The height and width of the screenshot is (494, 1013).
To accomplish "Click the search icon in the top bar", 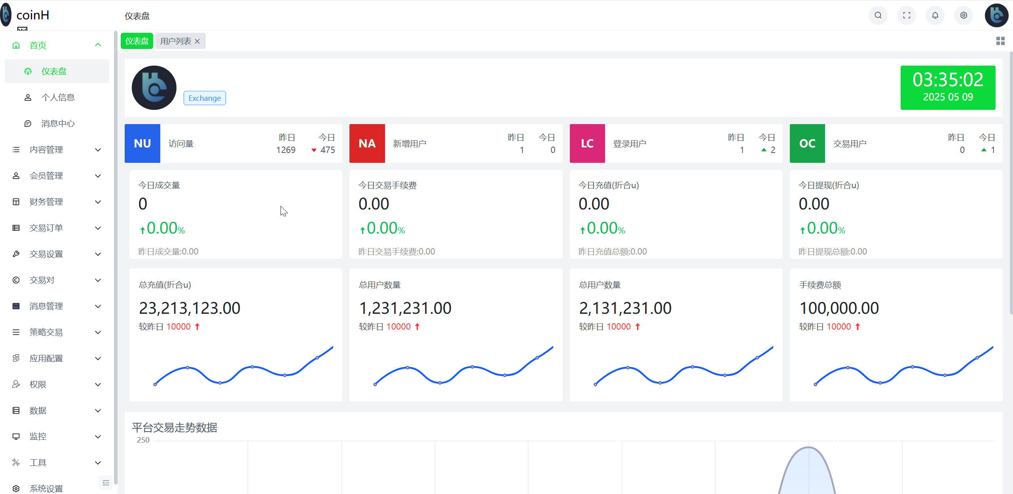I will (x=878, y=15).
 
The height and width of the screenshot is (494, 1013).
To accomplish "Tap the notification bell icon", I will (x=935, y=15).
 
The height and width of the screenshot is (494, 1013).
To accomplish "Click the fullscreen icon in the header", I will (x=907, y=15).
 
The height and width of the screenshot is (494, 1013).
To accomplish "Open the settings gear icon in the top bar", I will (x=964, y=15).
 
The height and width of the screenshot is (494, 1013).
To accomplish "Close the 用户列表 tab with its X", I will (x=197, y=41).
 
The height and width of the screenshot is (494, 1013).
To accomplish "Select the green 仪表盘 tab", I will (x=137, y=41).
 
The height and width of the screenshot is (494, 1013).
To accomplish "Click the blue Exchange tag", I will (x=205, y=98).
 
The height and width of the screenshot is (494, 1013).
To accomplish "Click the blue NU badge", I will (x=142, y=143).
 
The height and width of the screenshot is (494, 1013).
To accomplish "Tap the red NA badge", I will (x=367, y=143).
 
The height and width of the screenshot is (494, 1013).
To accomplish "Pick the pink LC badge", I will (x=587, y=143).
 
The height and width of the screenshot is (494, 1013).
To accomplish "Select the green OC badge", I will (x=807, y=143).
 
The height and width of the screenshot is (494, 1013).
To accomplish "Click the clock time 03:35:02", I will (x=948, y=80).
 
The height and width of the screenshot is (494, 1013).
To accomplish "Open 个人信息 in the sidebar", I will (x=58, y=97).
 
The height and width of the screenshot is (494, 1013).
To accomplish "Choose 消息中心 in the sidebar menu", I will (x=58, y=123).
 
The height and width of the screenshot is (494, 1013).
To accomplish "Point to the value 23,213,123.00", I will (x=190, y=308).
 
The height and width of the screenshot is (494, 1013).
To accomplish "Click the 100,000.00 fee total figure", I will (x=839, y=308).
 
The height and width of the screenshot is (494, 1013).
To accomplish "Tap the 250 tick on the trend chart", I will (x=143, y=440).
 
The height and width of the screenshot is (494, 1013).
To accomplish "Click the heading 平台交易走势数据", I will (x=175, y=427).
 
